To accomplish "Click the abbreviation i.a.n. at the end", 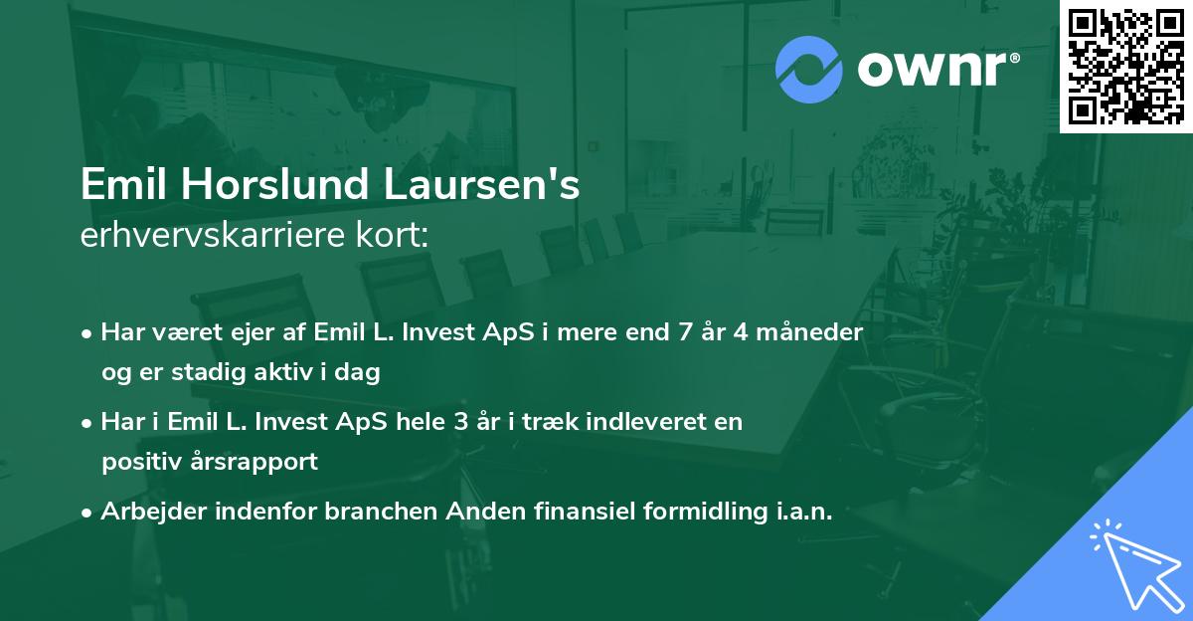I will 801,512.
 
